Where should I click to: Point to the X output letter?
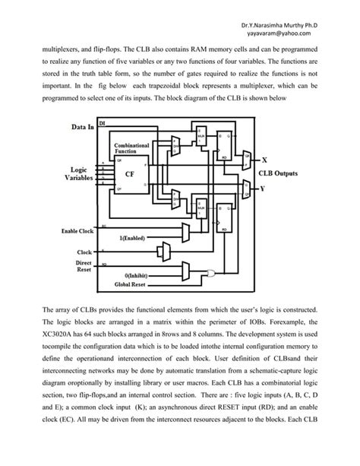click(263, 161)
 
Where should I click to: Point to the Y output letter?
click(263, 187)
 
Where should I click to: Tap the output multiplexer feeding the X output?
click(243, 161)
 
